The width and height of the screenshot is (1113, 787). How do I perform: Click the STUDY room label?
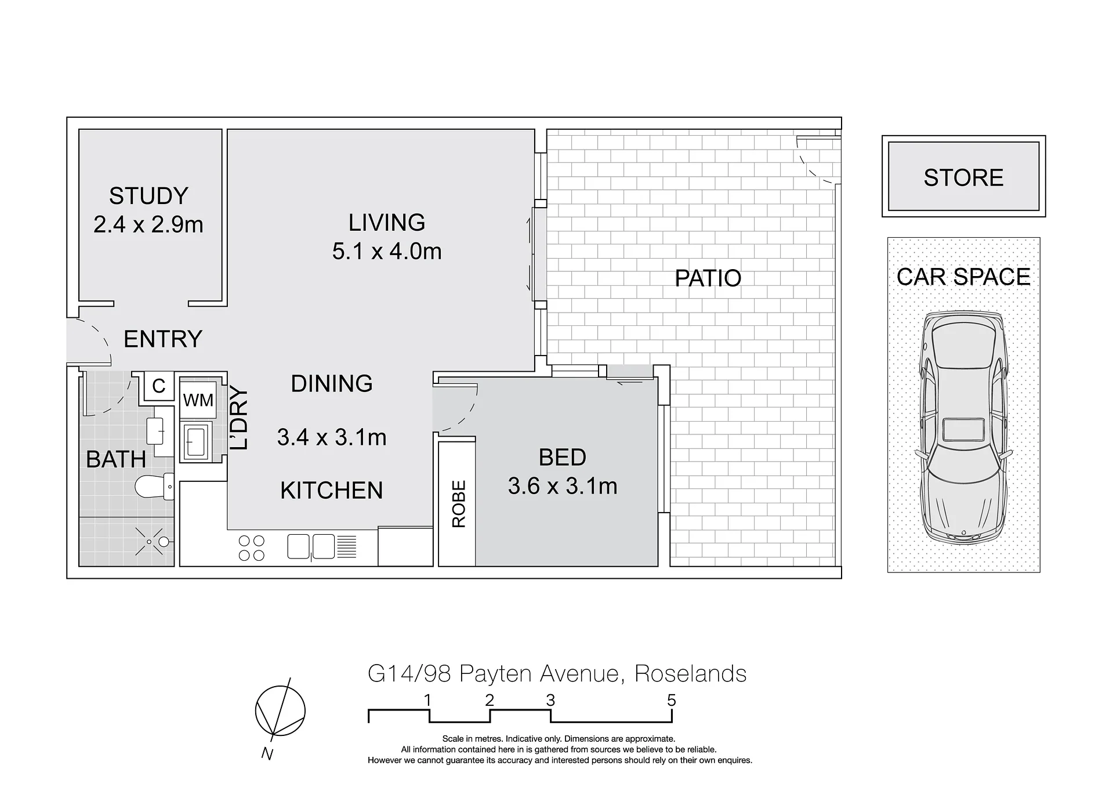148,196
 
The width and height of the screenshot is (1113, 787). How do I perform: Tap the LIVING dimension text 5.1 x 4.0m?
387,251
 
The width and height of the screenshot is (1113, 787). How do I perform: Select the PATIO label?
708,278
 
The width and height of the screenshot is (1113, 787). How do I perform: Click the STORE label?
963,177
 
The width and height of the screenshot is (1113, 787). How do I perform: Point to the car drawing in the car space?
963,428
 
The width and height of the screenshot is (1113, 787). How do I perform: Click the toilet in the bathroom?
154,486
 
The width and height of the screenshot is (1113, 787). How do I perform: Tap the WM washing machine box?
198,400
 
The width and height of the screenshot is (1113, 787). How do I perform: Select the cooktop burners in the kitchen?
252,548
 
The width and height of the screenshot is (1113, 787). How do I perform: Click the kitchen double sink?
311,546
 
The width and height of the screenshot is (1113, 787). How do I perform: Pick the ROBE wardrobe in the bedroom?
457,503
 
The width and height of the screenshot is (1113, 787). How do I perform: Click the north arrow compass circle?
280,712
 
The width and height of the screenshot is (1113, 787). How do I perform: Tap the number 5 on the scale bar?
671,701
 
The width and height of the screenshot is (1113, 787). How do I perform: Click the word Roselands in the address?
690,674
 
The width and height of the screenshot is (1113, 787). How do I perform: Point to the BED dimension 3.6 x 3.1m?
563,486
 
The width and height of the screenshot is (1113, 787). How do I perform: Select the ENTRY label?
163,339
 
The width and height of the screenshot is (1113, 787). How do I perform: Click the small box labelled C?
159,386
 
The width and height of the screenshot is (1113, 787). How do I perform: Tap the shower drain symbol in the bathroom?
149,542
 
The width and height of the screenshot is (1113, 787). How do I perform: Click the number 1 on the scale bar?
427,701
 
